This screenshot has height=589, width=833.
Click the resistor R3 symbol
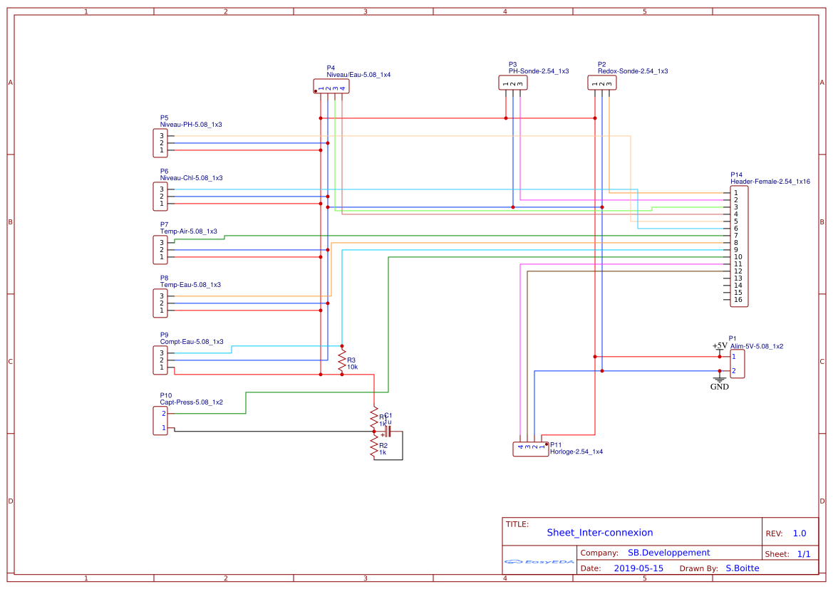342,360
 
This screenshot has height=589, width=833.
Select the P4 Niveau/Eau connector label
358,74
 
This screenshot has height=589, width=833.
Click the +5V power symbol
720,346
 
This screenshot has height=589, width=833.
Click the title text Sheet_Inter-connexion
599,533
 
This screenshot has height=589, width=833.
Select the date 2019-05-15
638,568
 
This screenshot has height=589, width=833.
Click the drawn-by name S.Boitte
742,568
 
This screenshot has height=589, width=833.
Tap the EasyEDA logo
539,562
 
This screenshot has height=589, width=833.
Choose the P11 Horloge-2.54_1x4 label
576,452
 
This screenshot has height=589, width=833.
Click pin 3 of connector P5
162,136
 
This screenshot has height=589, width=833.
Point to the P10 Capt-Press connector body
160,420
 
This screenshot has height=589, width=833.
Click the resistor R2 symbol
374,447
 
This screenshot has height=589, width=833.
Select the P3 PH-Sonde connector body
512,83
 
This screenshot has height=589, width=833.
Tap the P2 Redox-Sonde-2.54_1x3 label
632,71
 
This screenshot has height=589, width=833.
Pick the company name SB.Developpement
668,553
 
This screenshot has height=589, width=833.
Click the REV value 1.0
799,533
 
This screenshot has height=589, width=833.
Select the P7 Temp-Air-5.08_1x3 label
188,231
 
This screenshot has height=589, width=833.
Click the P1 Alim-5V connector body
738,363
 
